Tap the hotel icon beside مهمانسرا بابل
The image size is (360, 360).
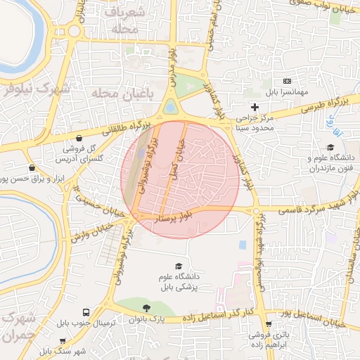(286, 82)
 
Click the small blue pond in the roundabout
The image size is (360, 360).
(171, 107)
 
